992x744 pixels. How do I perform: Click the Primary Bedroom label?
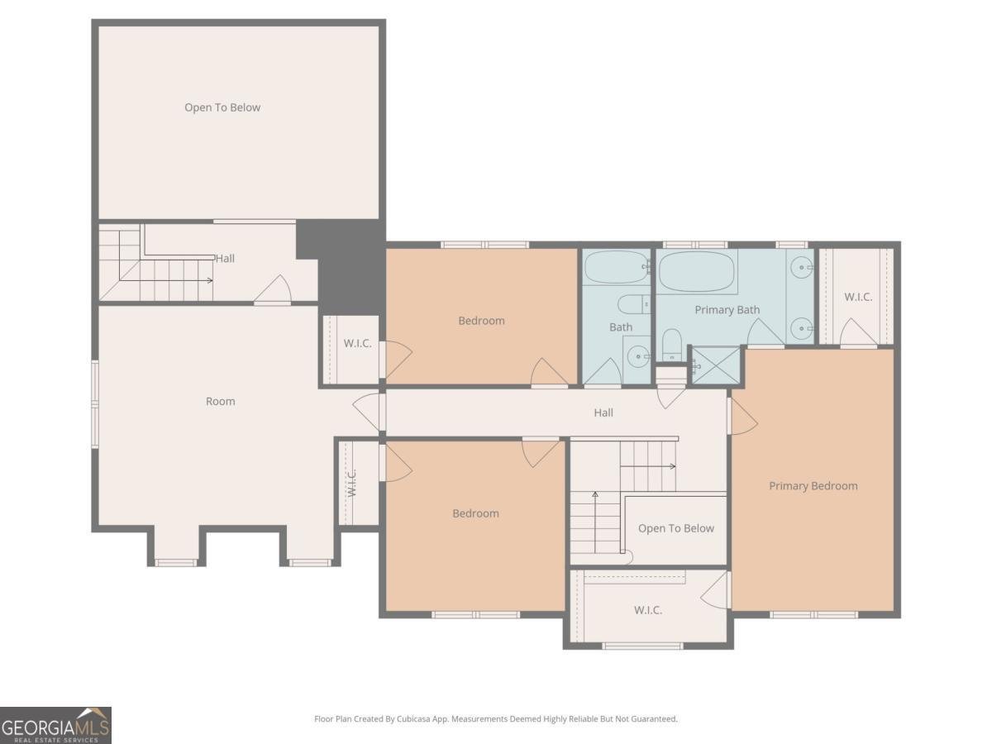click(x=813, y=486)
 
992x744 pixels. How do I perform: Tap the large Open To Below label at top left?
click(x=222, y=107)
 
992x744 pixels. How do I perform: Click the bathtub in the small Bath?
click(x=617, y=267)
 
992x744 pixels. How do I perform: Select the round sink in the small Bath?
click(x=637, y=357)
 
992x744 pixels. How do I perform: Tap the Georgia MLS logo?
click(x=55, y=725)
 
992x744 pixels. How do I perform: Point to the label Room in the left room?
click(x=220, y=402)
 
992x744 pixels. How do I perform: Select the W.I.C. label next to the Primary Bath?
click(x=857, y=297)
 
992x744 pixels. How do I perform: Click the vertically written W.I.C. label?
click(x=351, y=483)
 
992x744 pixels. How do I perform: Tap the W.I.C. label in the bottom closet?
click(x=648, y=610)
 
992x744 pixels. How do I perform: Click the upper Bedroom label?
click(x=481, y=321)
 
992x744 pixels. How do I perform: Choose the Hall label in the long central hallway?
click(x=603, y=413)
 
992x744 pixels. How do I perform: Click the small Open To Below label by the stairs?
click(x=675, y=528)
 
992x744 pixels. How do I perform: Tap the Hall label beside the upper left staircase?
click(x=225, y=259)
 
